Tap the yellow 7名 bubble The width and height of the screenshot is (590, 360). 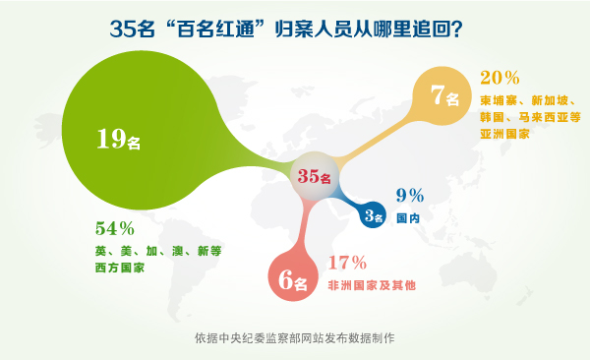tap(443, 97)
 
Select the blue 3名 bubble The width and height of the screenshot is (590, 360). tap(372, 216)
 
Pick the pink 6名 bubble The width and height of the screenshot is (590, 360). tap(293, 281)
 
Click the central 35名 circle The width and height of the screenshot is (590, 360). tap(317, 176)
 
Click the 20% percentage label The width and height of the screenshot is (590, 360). tap(501, 76)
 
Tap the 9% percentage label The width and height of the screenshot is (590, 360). tap(409, 195)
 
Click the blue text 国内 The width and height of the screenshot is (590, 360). tap(408, 217)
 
